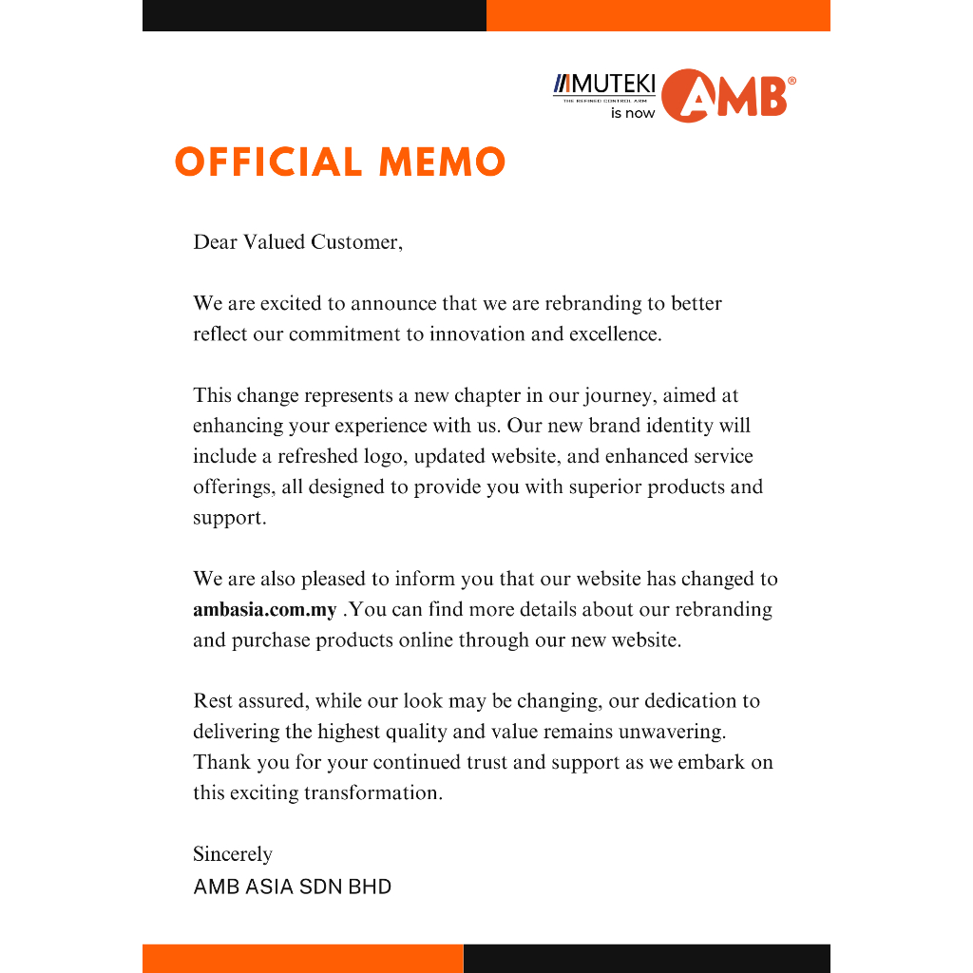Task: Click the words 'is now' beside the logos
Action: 633,113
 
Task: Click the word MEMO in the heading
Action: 442,162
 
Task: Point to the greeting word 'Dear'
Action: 215,242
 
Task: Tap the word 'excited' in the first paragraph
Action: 292,304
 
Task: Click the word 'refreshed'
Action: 317,457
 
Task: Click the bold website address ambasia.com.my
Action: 264,610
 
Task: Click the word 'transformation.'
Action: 373,792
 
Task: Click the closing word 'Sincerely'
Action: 233,854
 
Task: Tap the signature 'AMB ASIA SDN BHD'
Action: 293,887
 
